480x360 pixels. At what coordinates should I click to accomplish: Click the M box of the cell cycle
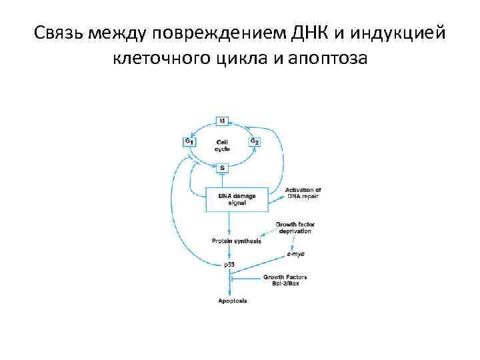coord(223,121)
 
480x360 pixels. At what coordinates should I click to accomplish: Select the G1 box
coord(189,142)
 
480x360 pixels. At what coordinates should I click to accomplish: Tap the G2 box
coord(255,141)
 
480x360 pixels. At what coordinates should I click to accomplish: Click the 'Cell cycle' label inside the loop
coord(223,145)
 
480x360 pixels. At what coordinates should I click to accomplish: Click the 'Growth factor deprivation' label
coord(293,227)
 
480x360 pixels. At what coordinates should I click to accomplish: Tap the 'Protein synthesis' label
coord(237,241)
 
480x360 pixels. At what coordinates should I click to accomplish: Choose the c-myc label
coord(296,254)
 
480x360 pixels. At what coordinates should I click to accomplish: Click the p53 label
coord(230,265)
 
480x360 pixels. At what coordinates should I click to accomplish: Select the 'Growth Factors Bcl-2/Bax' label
coord(285,278)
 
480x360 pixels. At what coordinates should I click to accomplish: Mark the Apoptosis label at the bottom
coord(232,301)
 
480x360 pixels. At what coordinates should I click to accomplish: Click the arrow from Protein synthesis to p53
coord(230,253)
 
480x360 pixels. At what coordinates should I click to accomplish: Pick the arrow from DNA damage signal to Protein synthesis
coord(230,225)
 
